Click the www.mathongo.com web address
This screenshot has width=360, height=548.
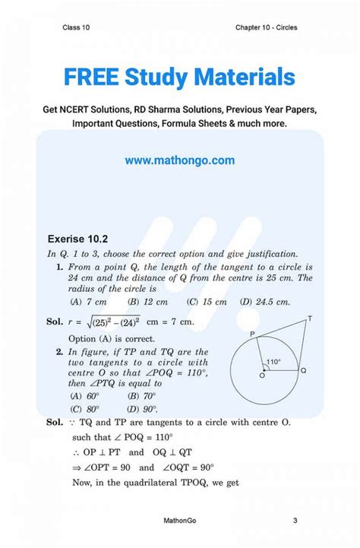[x=180, y=160]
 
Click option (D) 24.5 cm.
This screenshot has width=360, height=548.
[x=264, y=302]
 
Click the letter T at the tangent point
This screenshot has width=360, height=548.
[x=309, y=318]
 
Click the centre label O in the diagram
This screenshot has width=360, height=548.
[x=262, y=375]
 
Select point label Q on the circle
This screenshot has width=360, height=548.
[x=303, y=371]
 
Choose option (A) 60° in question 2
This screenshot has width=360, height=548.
[x=84, y=396]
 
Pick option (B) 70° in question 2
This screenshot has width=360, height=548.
[x=142, y=396]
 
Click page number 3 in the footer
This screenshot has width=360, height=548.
[x=294, y=521]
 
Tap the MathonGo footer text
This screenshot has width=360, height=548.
[x=180, y=521]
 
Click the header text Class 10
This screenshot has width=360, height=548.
[x=77, y=28]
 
